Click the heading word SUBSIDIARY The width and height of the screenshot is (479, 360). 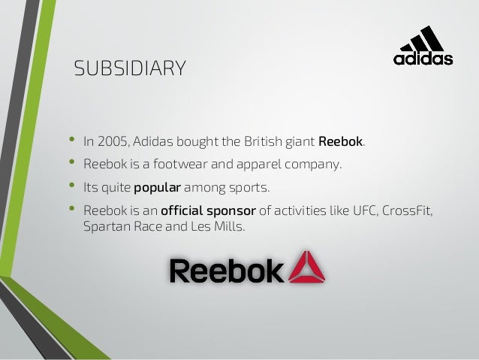click(130, 70)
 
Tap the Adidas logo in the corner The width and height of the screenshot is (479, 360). click(423, 47)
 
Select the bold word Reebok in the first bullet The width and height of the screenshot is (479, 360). click(341, 141)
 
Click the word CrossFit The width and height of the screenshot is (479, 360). click(406, 211)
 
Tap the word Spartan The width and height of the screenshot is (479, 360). click(104, 225)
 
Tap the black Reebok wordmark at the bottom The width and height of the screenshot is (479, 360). click(226, 271)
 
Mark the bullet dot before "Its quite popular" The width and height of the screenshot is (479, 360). click(73, 186)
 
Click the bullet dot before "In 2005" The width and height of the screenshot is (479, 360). click(73, 140)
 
